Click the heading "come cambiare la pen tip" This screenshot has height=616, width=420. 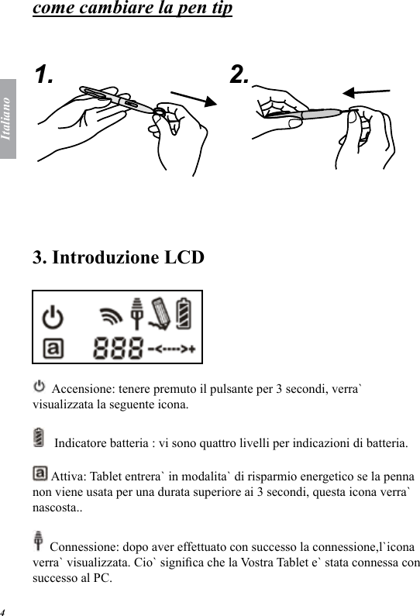coord(133,10)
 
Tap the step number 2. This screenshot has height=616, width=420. coord(239,74)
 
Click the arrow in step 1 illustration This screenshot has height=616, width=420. coord(193,101)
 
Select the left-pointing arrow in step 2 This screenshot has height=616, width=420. coord(366,92)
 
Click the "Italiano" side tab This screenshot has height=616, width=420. coord(7,118)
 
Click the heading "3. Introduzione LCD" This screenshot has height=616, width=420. coord(119,256)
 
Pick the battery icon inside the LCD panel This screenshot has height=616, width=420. coord(185,314)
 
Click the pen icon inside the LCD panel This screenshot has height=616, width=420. coord(161,313)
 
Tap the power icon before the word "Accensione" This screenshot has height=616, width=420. coord(40,385)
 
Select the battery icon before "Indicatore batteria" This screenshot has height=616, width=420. coord(40,439)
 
